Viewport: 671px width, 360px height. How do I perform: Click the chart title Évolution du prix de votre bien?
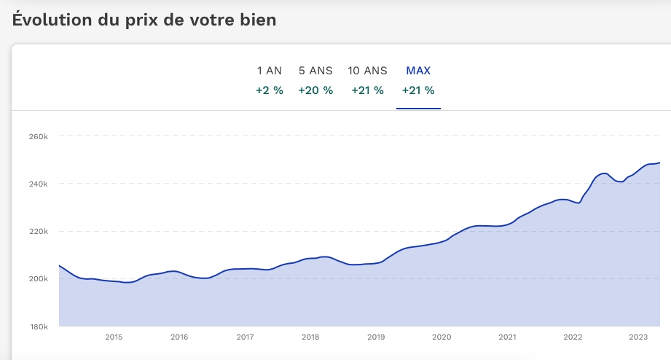click(144, 20)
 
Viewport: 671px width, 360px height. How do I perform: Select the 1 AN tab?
click(269, 71)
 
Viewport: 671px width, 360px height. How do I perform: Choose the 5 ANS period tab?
click(315, 71)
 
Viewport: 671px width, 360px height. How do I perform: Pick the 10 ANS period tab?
click(367, 71)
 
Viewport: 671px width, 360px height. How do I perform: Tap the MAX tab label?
click(418, 71)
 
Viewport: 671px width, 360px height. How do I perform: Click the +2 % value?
click(269, 91)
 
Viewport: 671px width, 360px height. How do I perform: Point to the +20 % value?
click(315, 91)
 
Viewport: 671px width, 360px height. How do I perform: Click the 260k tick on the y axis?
click(38, 136)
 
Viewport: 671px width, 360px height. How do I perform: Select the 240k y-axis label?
click(38, 184)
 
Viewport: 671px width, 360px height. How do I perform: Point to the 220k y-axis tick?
click(38, 231)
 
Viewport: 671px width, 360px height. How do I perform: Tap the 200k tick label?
click(38, 279)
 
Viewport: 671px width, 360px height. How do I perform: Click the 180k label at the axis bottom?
click(38, 326)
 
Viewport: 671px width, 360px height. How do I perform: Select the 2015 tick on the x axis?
click(114, 337)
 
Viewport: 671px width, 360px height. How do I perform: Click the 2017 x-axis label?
click(245, 337)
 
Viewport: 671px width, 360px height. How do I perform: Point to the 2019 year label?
click(376, 337)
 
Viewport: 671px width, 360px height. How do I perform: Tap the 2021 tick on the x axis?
click(507, 337)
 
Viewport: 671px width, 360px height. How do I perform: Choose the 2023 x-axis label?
click(638, 337)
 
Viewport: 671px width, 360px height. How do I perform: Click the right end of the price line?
click(659, 163)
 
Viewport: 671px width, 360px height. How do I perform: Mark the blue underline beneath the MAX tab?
click(418, 108)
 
